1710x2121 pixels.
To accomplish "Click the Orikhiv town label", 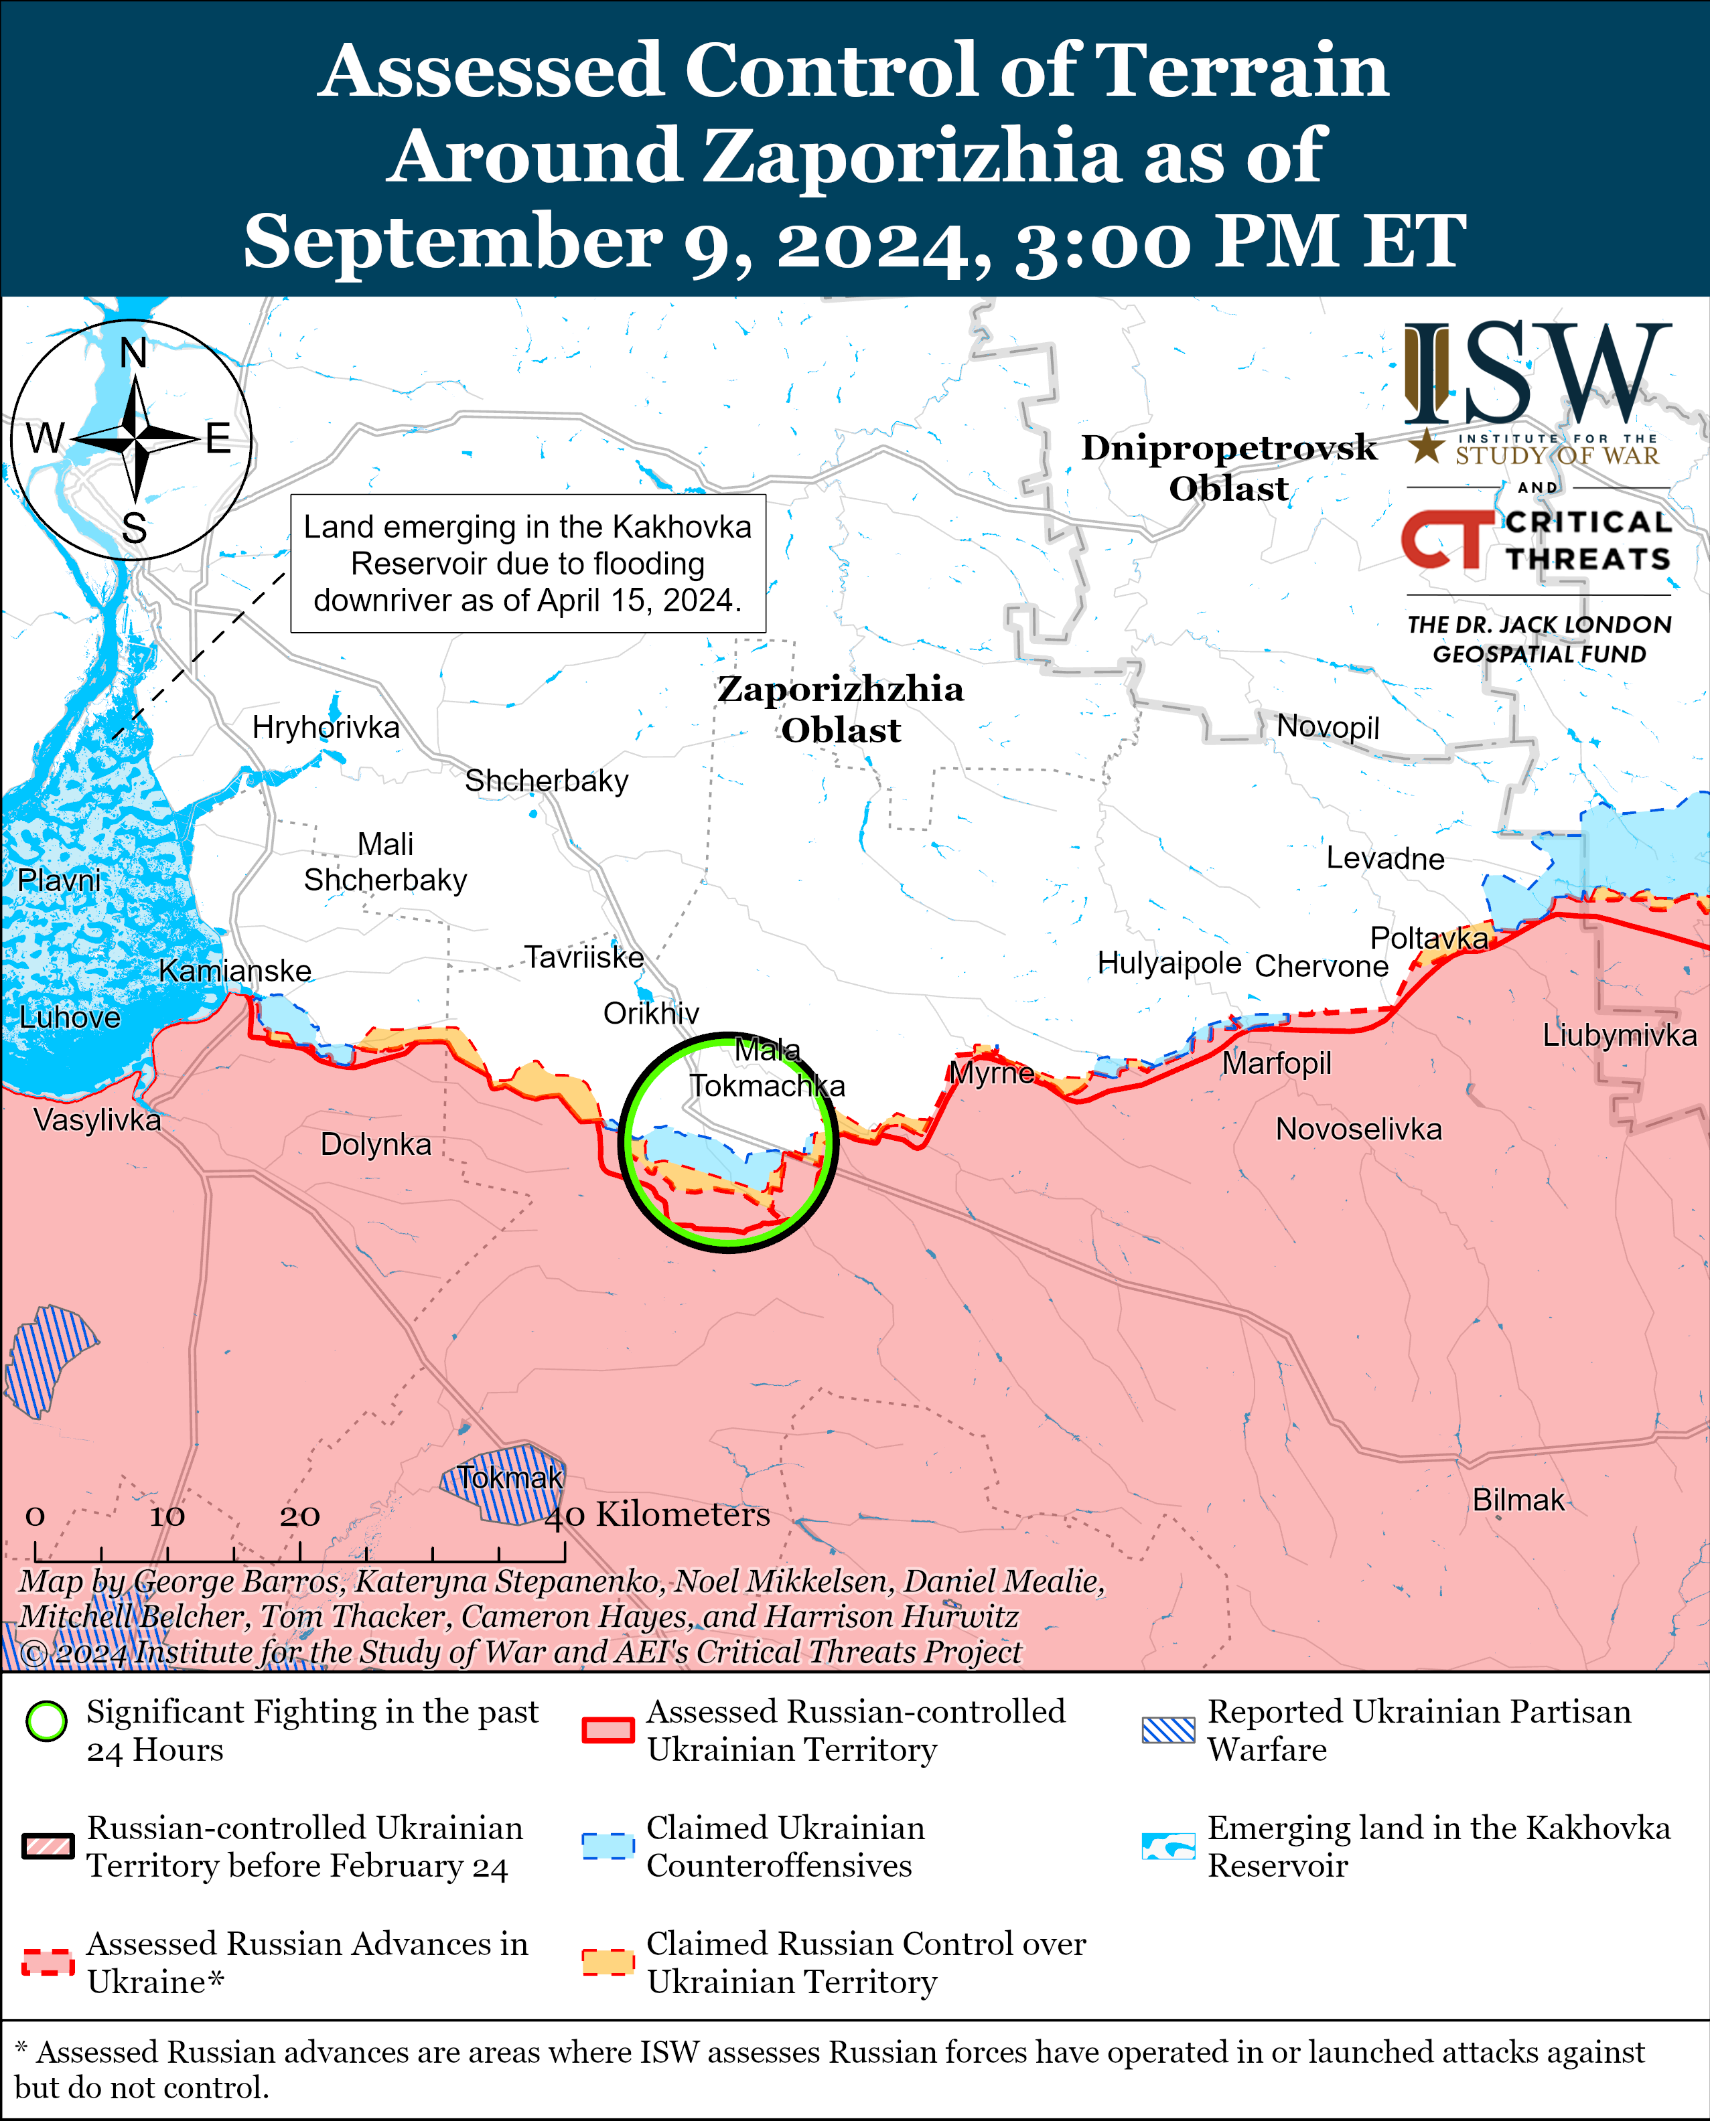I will tap(651, 1012).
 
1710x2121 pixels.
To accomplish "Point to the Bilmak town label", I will tap(1517, 1500).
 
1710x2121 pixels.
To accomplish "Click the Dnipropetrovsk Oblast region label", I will tap(1228, 468).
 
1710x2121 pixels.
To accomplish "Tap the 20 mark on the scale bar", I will tap(299, 1515).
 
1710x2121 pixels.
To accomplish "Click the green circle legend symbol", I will tap(46, 1748).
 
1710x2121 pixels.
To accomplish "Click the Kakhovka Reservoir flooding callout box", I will tap(528, 563).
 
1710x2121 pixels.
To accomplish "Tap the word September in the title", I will tap(452, 241).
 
